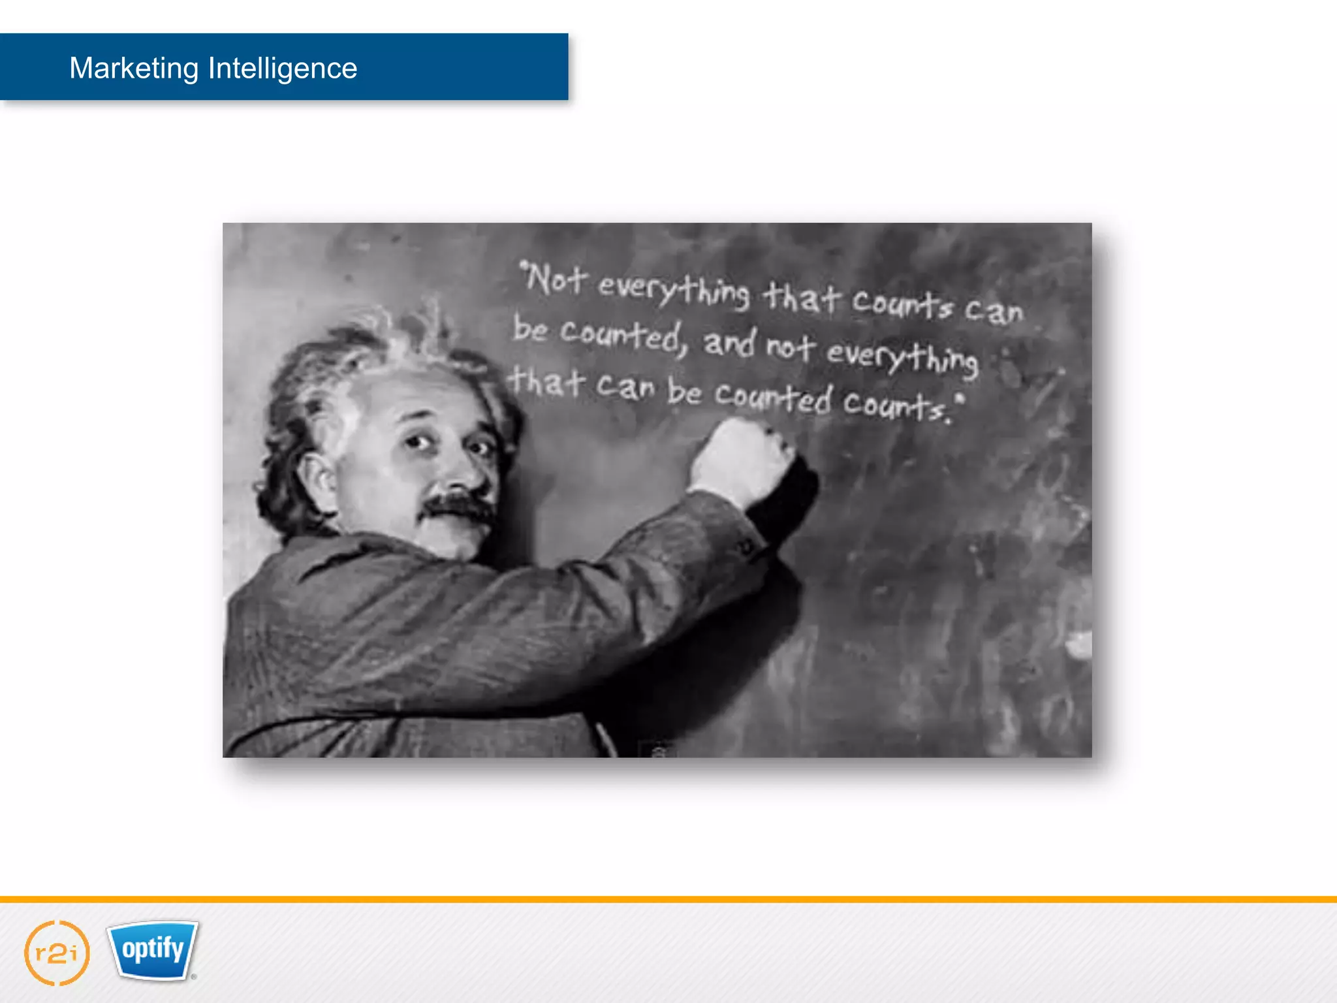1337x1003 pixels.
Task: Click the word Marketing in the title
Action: pyautogui.click(x=134, y=68)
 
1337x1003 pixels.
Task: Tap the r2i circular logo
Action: pyautogui.click(x=57, y=953)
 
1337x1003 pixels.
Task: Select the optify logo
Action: pyautogui.click(x=153, y=949)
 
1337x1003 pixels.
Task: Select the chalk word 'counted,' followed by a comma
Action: pyautogui.click(x=623, y=336)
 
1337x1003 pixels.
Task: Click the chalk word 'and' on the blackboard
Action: pyautogui.click(x=730, y=343)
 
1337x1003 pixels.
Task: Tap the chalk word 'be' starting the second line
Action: pyautogui.click(x=530, y=328)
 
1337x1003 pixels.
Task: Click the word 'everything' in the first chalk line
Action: pyautogui.click(x=674, y=291)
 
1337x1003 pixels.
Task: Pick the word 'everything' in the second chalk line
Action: pyautogui.click(x=902, y=357)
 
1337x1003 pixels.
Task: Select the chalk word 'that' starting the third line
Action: pyautogui.click(x=547, y=382)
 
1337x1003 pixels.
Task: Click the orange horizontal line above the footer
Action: pyautogui.click(x=668, y=899)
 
